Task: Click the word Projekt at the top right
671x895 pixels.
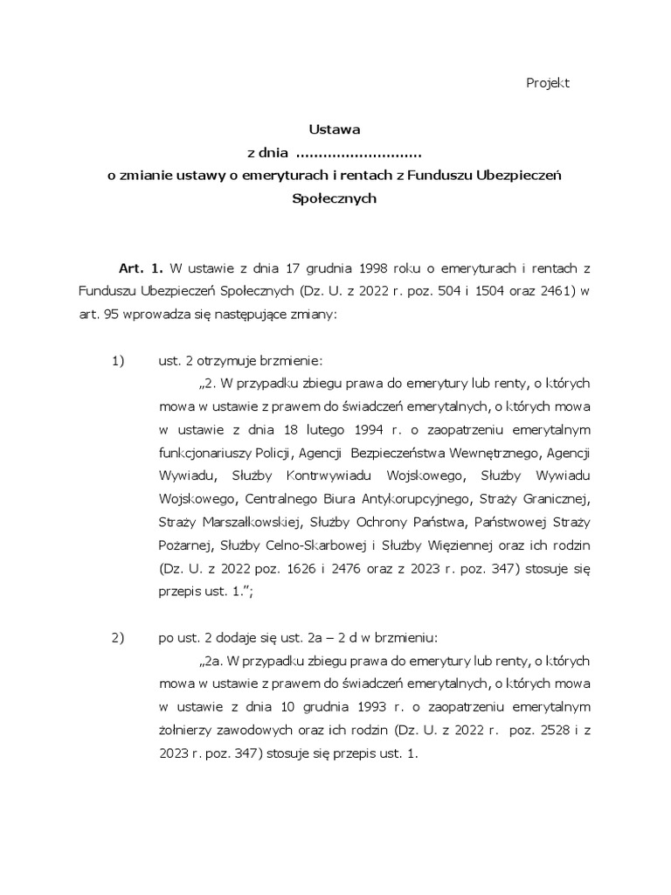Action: click(x=548, y=82)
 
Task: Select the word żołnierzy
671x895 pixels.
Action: click(x=187, y=728)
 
